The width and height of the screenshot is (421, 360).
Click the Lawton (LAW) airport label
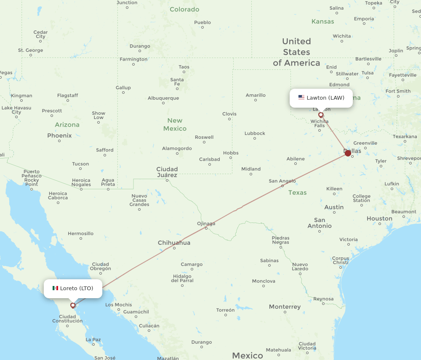325,98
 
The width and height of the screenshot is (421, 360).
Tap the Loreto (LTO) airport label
76,289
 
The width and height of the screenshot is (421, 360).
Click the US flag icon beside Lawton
301,98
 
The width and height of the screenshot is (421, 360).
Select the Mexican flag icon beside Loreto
55,288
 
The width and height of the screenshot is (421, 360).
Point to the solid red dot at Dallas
348,153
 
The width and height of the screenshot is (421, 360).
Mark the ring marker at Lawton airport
321,115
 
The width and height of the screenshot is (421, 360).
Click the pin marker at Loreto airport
73,305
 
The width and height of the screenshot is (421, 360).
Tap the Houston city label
379,219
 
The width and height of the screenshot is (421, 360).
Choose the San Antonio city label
320,223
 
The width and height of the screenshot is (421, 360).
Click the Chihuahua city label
174,243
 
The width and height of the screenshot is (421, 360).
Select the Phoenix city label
59,136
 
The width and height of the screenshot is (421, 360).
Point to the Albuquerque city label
163,98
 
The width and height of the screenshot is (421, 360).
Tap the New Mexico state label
175,124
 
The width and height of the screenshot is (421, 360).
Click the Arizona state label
67,125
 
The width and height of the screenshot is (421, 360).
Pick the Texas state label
297,193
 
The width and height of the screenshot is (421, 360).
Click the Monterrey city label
285,307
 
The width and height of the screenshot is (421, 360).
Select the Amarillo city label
256,95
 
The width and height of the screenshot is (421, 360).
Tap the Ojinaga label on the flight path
206,224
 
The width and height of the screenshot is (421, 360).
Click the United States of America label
296,52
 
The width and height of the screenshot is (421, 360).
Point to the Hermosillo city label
80,233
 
